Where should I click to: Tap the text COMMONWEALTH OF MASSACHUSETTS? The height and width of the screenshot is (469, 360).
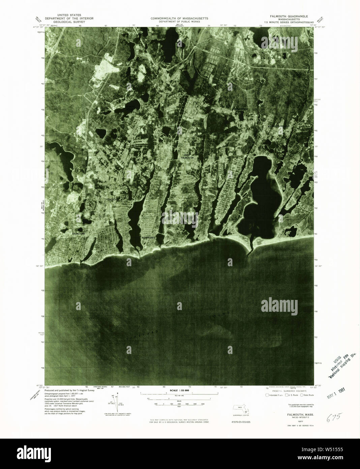pyautogui.click(x=179, y=18)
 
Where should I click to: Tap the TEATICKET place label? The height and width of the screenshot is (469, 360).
pyautogui.click(x=112, y=200)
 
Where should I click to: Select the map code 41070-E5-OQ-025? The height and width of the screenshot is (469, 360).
pyautogui.click(x=241, y=422)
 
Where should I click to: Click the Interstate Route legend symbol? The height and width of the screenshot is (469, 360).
pyautogui.click(x=267, y=395)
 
